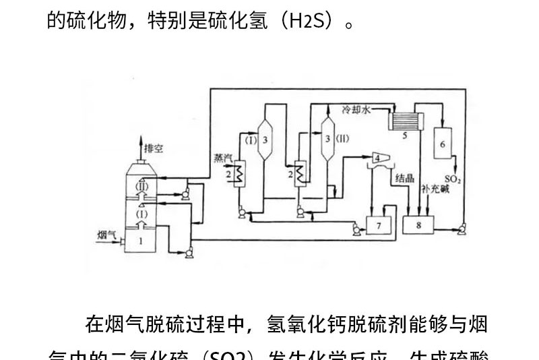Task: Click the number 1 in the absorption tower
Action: coord(141,239)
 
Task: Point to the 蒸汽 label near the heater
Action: coord(223,158)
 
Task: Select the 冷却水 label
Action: coord(356,109)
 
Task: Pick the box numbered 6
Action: coord(443,143)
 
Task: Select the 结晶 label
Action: coord(404,179)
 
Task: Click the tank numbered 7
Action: coord(379,224)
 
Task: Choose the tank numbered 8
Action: coord(418,225)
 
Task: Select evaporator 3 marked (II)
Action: coord(328,139)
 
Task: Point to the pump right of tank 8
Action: coord(462,231)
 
